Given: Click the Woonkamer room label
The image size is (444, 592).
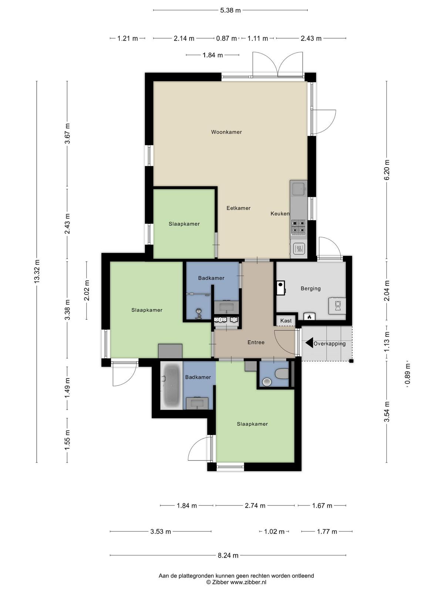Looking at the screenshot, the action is point(226,132).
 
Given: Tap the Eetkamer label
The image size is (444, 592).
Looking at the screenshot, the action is point(238,208).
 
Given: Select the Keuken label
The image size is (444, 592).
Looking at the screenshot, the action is point(280,213).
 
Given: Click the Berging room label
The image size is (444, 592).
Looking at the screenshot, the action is point(310,289).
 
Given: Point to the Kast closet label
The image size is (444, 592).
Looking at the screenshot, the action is point(286,321).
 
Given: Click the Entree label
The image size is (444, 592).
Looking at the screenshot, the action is point(256,342).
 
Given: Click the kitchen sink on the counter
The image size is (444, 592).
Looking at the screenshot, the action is point(299,189).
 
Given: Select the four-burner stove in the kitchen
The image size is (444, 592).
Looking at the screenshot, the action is point(299,226).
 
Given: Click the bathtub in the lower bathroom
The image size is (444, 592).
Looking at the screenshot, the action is point(171,386).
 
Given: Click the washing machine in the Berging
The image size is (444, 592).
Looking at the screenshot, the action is point(337,306).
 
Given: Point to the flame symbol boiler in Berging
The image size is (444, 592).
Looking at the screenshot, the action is point(309,316).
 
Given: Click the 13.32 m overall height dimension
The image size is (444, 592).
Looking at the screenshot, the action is point(37,271).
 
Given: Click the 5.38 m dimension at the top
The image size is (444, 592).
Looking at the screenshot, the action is point(230,10).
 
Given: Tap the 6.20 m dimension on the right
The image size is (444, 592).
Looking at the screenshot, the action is point(387,169).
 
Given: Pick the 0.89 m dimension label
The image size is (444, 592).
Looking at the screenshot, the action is point(408,374).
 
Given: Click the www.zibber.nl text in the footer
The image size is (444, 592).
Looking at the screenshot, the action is point(248,582).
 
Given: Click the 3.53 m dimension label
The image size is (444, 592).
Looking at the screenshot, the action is point(161,532).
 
